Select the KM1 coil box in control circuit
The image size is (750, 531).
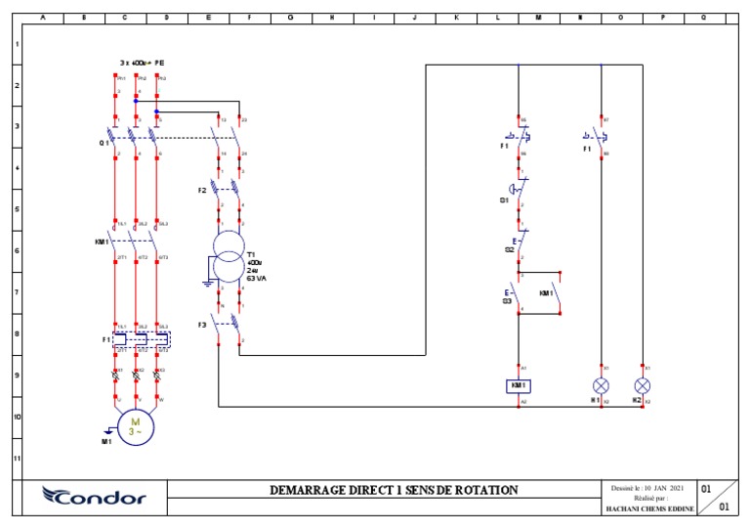[x=518, y=385]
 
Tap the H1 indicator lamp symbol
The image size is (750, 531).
[x=602, y=385]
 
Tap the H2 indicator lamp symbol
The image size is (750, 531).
[x=643, y=385]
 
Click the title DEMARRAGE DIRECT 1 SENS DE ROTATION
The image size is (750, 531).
[x=394, y=490]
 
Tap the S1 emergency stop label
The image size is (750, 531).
[x=504, y=199]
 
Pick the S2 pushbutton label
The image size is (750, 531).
[x=509, y=250]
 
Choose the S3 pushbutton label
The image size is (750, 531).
[x=507, y=301]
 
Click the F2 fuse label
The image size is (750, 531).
[x=202, y=190]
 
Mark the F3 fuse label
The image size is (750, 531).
[x=202, y=323]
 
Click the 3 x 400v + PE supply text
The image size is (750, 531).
[x=142, y=63]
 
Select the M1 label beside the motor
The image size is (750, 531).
[x=106, y=441]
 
